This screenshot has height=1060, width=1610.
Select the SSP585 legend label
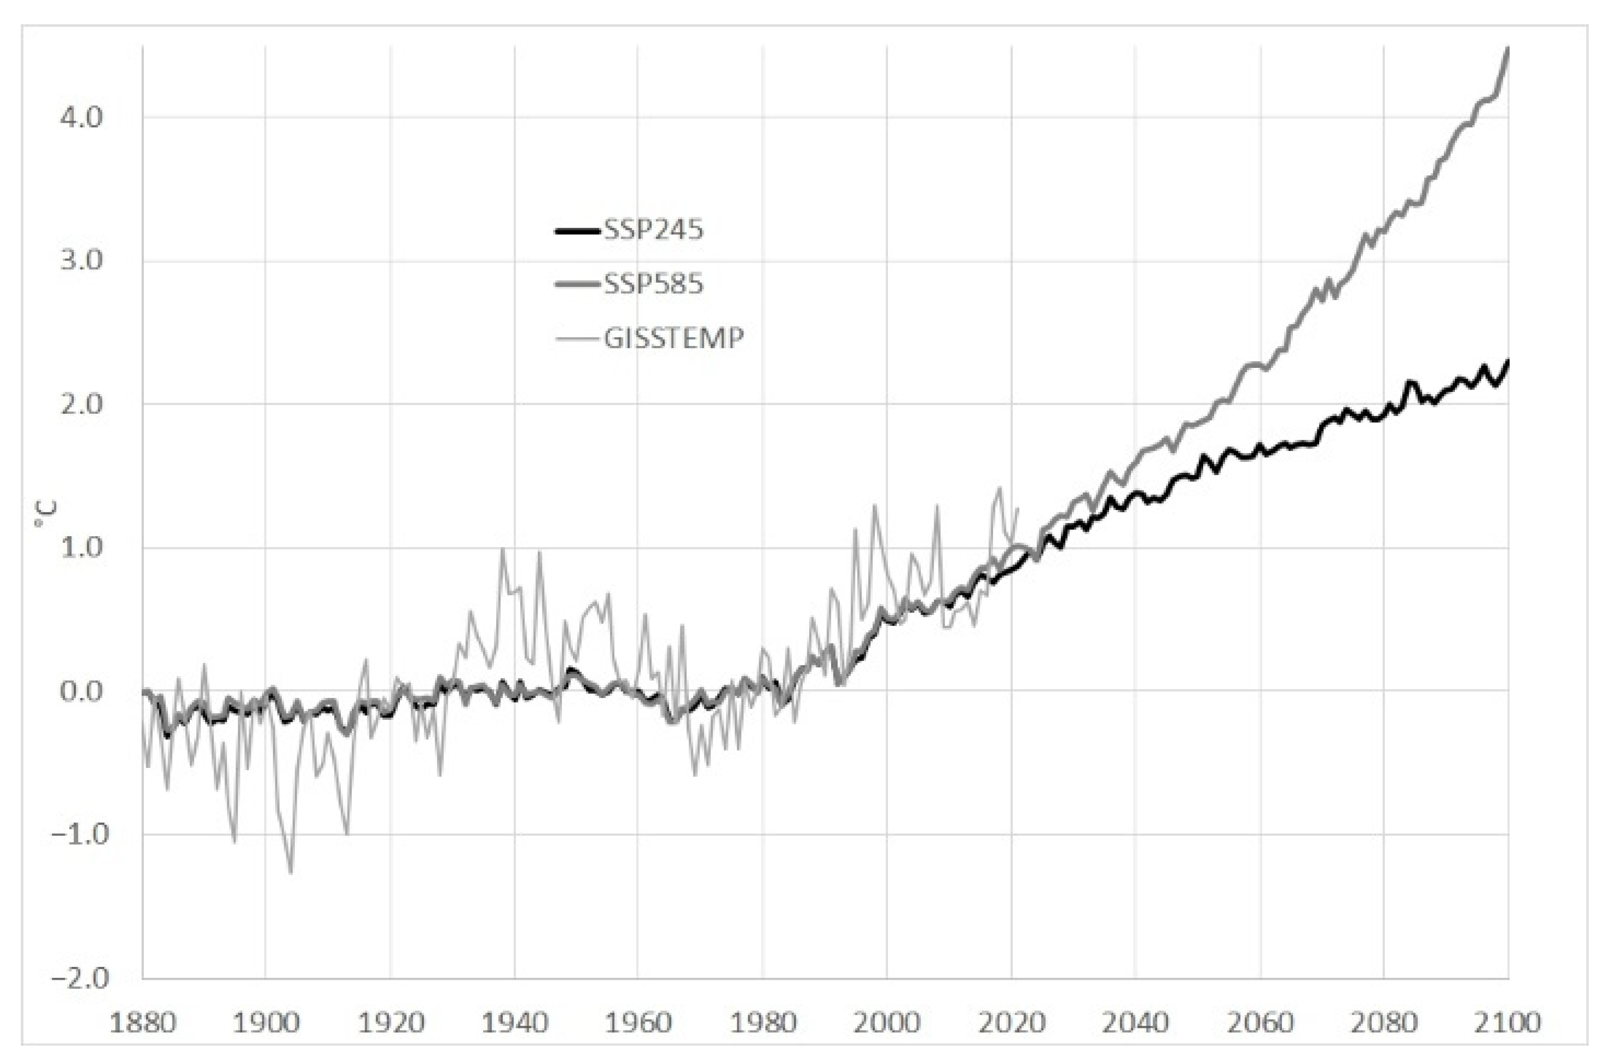pos(653,284)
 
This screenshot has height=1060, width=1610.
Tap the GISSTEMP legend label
pos(673,337)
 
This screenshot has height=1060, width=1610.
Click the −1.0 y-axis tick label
pos(80,834)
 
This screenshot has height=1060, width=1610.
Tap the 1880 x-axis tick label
pos(142,1022)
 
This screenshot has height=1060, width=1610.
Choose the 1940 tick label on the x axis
pos(515,1022)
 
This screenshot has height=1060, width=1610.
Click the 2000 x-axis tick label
pos(887,1022)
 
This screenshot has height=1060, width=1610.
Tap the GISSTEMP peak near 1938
pos(502,549)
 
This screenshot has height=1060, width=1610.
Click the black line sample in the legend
pos(577,231)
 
